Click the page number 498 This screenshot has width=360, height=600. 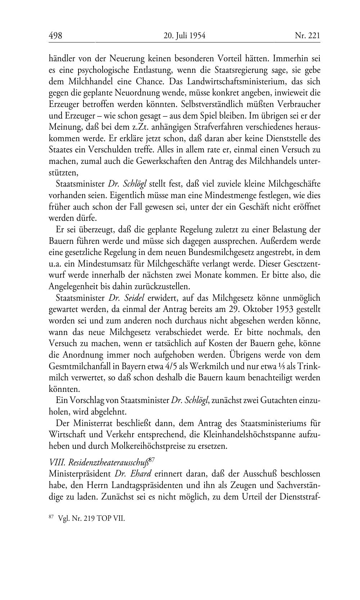pyautogui.click(x=55, y=36)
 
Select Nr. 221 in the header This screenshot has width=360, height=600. pyautogui.click(x=307, y=36)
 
